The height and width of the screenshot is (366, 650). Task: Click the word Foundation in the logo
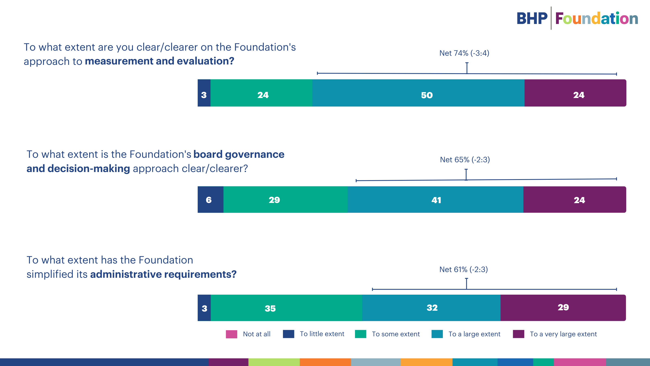[x=597, y=19]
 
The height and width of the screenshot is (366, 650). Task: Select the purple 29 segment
[x=563, y=308]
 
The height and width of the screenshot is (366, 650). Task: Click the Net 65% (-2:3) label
[x=465, y=160]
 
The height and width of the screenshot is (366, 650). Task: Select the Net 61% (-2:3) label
[x=464, y=269]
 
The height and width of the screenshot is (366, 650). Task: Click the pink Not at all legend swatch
[x=231, y=334]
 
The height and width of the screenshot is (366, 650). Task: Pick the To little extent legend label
[x=322, y=334]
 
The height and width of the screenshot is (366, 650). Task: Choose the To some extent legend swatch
[x=360, y=334]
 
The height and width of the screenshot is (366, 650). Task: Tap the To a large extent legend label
[x=474, y=334]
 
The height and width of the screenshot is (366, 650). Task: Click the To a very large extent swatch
[x=518, y=334]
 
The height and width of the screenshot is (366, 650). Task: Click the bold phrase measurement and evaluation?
[x=159, y=61]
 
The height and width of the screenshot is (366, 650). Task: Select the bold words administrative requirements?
[x=163, y=274]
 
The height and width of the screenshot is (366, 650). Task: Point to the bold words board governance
[x=239, y=154]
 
